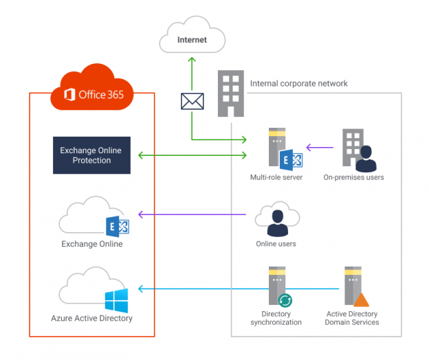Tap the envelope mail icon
tap(192, 102)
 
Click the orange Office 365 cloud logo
tap(93, 89)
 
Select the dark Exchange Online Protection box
tap(91, 155)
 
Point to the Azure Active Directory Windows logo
tap(116, 301)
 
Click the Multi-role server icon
tap(278, 148)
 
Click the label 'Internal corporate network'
tap(298, 84)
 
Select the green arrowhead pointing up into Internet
tap(192, 60)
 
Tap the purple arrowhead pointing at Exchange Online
tap(142, 215)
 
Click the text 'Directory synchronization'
tap(276, 318)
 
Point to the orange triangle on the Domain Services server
tap(361, 300)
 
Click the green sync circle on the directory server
tap(284, 301)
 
